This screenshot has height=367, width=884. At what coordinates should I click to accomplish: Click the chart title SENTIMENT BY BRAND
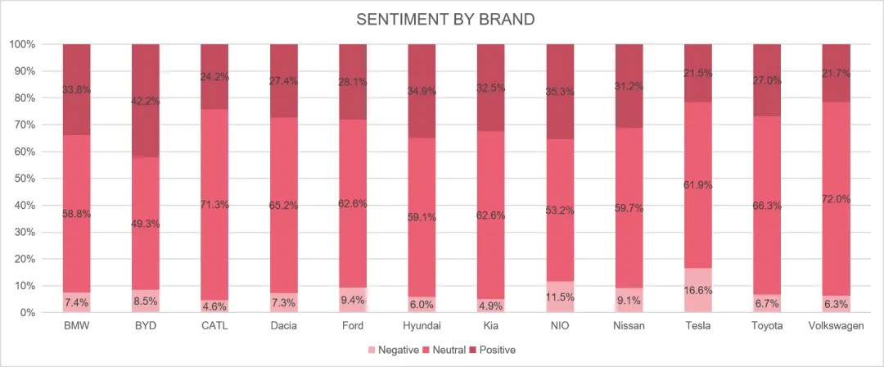pyautogui.click(x=445, y=20)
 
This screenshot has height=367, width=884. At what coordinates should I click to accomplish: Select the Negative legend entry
pyautogui.click(x=393, y=350)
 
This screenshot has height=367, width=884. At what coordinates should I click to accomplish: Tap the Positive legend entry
pyautogui.click(x=492, y=350)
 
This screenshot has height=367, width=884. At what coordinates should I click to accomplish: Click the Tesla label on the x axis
pyautogui.click(x=698, y=326)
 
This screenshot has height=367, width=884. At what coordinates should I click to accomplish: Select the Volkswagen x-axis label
pyautogui.click(x=836, y=326)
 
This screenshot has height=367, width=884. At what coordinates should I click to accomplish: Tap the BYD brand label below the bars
pyautogui.click(x=146, y=326)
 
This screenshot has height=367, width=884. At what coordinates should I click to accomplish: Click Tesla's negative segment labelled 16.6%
pyautogui.click(x=698, y=290)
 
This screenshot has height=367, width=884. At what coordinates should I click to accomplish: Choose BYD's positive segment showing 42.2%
pyautogui.click(x=146, y=101)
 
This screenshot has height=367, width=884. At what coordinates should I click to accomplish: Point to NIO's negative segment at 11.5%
pyautogui.click(x=560, y=297)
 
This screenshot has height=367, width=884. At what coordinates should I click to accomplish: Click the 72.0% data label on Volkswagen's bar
pyautogui.click(x=836, y=199)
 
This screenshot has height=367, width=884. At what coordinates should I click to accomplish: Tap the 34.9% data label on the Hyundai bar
pyautogui.click(x=422, y=91)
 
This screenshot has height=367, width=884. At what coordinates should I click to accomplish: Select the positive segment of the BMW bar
pyautogui.click(x=76, y=89)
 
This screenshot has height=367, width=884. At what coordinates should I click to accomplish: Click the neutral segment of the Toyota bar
pyautogui.click(x=767, y=206)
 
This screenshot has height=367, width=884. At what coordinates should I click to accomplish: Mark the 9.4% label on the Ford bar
pyautogui.click(x=353, y=299)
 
